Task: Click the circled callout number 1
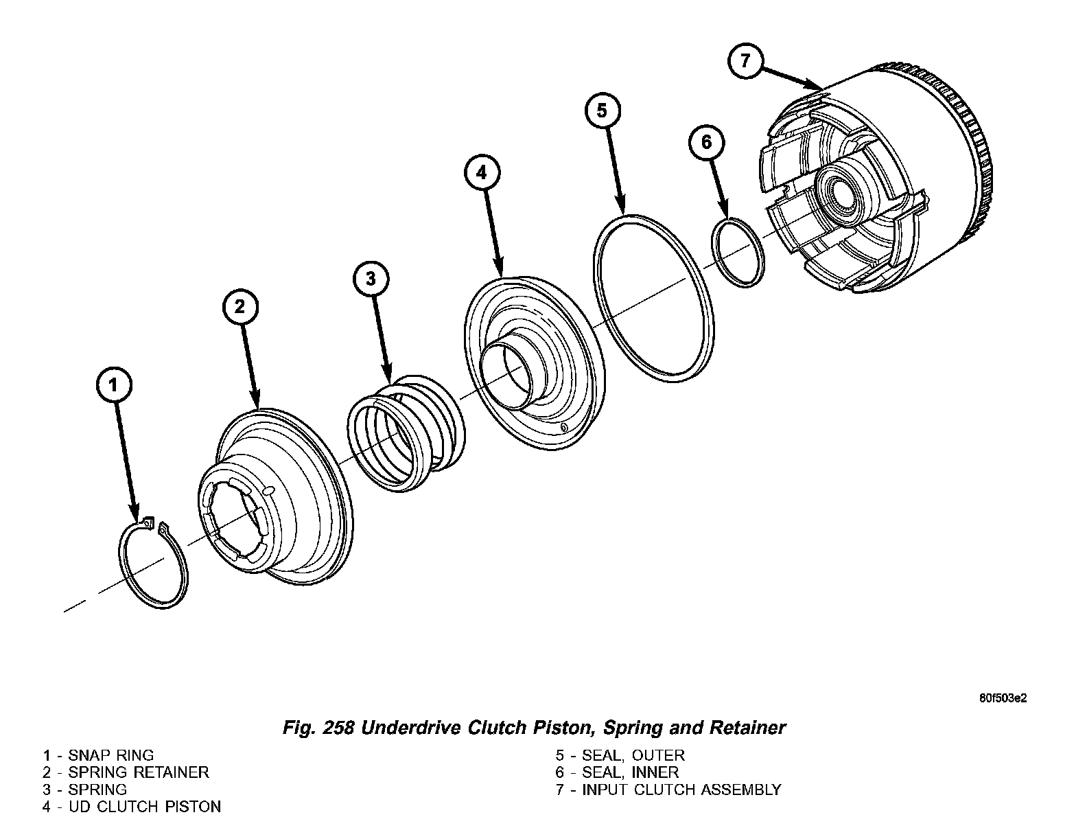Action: coord(114,386)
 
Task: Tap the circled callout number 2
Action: coord(239,306)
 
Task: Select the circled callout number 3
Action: coord(371,279)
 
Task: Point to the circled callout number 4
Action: coord(482,172)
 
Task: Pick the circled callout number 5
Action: coord(602,111)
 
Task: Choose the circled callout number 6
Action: coord(707,143)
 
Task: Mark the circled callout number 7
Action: coord(745,61)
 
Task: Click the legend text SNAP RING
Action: coord(110,756)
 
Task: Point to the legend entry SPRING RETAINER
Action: coord(138,772)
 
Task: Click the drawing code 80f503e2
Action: coord(1003,699)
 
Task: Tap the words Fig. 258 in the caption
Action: coord(317,727)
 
